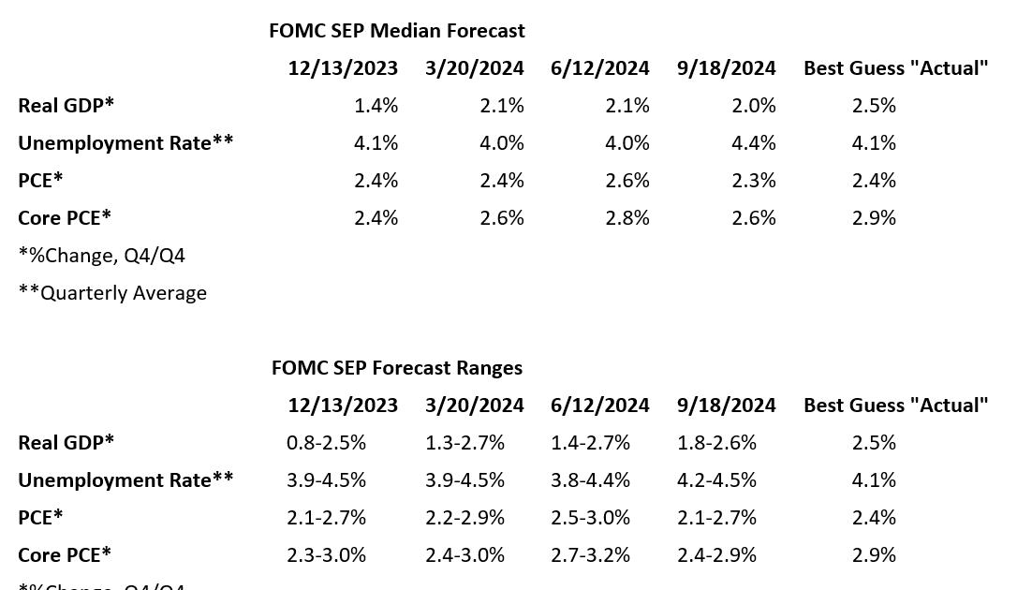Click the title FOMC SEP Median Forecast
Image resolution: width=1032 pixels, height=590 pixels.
396,31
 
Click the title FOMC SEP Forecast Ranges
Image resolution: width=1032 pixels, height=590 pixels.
396,368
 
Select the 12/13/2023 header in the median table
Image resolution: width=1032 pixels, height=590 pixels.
343,68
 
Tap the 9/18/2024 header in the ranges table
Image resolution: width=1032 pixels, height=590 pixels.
726,406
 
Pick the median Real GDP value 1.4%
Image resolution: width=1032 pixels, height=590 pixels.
376,106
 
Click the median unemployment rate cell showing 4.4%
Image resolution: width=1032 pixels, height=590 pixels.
754,143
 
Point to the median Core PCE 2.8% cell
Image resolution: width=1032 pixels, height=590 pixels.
627,218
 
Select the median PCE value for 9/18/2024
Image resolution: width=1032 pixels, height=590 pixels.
754,181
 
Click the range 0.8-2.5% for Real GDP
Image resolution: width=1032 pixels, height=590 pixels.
326,443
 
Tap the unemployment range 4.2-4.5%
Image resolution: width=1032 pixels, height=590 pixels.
716,480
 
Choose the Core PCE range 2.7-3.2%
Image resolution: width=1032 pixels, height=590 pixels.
590,555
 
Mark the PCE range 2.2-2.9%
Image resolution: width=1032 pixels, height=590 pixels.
464,518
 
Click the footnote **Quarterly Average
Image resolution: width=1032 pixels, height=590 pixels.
112,293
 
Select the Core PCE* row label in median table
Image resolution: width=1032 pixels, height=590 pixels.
65,218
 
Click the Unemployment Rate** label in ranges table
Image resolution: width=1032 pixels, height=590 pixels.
125,480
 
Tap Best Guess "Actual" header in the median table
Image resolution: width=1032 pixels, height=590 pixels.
895,68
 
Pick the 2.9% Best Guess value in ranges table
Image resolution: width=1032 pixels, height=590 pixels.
874,555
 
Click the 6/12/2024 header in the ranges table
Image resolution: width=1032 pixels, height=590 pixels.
599,406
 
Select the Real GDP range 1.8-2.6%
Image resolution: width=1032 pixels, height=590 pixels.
716,443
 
